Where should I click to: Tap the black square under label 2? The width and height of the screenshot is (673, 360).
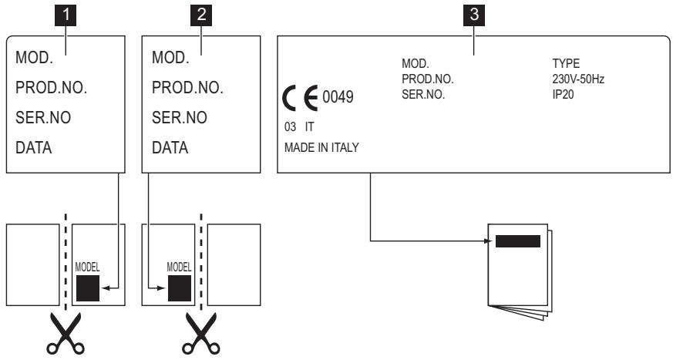[179, 288]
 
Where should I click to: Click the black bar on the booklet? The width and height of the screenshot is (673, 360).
[519, 242]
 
